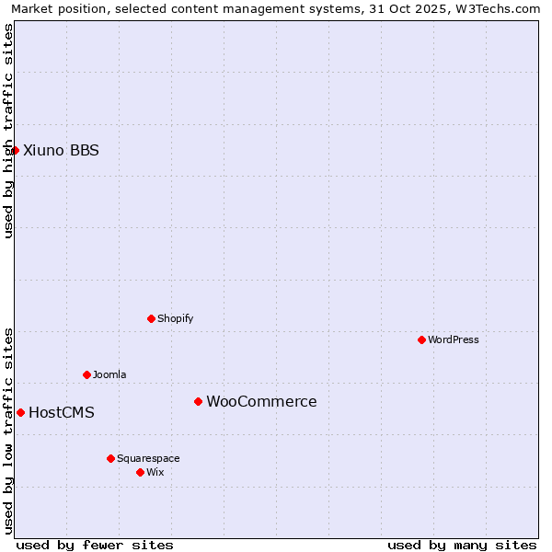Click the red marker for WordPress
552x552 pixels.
click(421, 339)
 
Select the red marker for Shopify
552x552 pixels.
click(151, 318)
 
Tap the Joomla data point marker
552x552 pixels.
click(86, 374)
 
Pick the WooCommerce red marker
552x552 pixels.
click(198, 401)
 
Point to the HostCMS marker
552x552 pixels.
click(20, 412)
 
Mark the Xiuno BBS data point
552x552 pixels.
click(15, 150)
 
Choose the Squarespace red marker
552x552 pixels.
click(110, 458)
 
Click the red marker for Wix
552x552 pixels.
click(140, 472)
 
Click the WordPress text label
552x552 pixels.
click(454, 339)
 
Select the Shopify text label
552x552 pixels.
click(176, 318)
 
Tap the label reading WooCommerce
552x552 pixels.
click(261, 401)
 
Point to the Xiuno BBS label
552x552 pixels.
click(61, 150)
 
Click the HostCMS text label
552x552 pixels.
click(62, 412)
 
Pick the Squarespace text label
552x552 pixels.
click(148, 458)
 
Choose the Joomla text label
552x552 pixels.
click(109, 374)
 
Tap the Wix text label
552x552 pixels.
click(155, 472)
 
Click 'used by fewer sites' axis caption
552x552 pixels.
click(95, 545)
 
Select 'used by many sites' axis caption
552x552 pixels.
click(462, 545)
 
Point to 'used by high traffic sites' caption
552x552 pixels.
click(8, 131)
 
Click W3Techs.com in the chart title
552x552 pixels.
click(495, 8)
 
